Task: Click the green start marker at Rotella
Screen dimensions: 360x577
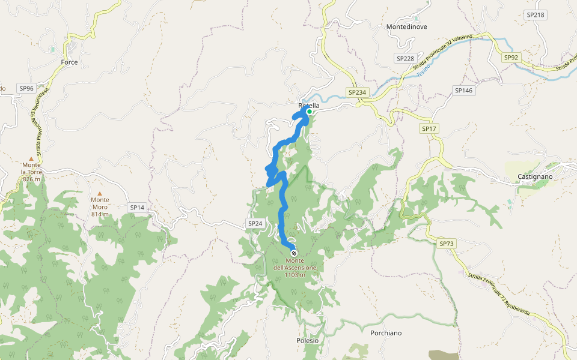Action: tap(309, 112)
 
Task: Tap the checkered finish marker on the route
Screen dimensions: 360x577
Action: tap(293, 253)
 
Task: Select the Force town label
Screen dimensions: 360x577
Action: tap(70, 62)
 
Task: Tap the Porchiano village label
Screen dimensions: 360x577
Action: tap(386, 333)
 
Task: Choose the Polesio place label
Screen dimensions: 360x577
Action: tap(307, 341)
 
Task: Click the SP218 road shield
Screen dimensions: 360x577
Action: tap(534, 14)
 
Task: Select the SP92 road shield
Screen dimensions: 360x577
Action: tap(511, 58)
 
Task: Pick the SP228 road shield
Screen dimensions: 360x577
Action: tap(405, 58)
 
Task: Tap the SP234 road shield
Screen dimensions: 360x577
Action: tap(356, 92)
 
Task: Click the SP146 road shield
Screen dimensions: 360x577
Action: tap(464, 90)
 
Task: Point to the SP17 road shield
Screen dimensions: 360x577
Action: tap(429, 128)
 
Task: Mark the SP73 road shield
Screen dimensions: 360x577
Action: tap(447, 244)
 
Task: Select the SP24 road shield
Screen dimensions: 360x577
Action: tap(255, 223)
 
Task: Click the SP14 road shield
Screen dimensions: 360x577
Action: tap(137, 207)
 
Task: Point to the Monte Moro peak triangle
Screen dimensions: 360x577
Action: tap(100, 193)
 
